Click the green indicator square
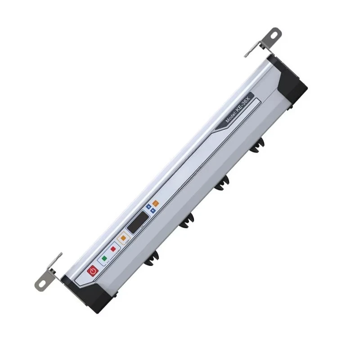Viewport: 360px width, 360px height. tap(105, 259)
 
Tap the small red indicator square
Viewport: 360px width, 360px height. tap(113, 248)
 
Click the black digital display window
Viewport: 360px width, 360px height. tap(137, 221)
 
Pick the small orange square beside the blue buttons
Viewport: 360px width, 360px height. tap(155, 202)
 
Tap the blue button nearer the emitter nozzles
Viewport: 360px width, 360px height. tap(153, 211)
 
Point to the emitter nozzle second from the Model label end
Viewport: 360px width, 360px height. tap(222, 183)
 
